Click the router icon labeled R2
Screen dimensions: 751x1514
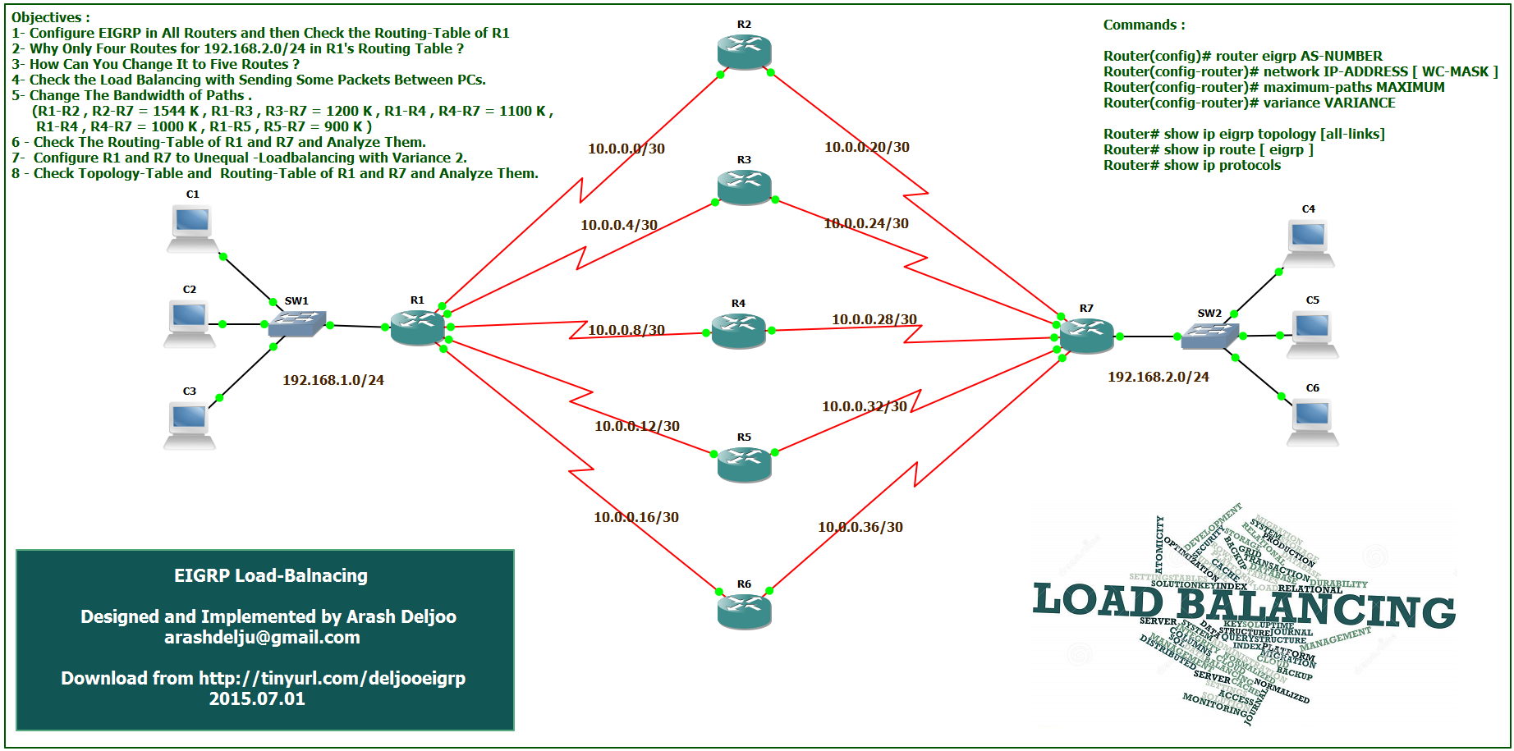click(744, 52)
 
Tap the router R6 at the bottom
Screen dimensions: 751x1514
click(744, 611)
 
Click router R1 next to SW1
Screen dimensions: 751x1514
click(417, 327)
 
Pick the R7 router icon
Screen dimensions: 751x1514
click(1086, 335)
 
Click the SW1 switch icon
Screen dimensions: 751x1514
click(296, 323)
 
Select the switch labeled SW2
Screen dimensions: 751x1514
click(1209, 335)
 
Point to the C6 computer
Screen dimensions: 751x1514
click(1312, 421)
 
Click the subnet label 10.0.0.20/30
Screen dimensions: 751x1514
click(867, 147)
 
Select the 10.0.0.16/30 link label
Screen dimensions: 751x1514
click(636, 517)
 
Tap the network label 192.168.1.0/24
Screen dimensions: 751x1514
click(333, 380)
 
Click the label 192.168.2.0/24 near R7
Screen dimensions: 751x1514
click(1158, 377)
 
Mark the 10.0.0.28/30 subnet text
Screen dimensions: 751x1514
click(874, 319)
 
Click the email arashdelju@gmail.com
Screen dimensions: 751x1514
click(262, 638)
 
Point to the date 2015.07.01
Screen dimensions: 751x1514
click(257, 699)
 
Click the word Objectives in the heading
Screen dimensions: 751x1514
click(47, 17)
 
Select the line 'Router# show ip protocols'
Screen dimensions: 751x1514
click(1191, 165)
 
